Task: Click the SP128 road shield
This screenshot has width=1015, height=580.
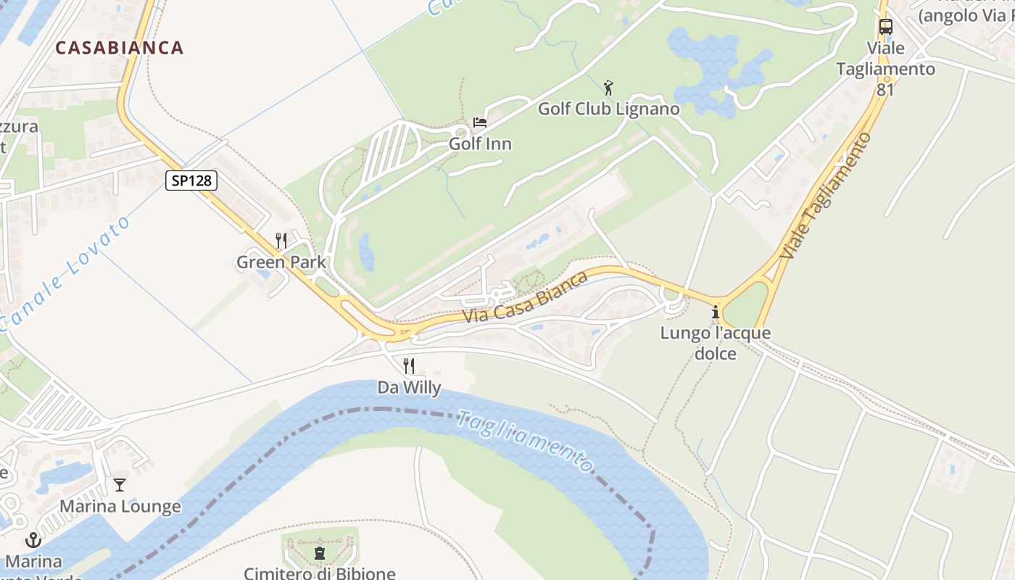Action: point(191,180)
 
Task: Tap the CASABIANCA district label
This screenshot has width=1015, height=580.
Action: point(120,48)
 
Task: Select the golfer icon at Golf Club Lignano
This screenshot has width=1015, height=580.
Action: point(608,88)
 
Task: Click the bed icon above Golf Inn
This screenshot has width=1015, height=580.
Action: point(479,122)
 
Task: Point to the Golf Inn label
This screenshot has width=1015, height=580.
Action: point(480,144)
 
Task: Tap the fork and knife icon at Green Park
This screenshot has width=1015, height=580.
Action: point(281,241)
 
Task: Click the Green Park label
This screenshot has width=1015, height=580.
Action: point(281,262)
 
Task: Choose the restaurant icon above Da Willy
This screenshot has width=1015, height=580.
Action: point(409,366)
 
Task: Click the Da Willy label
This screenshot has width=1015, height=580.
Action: point(409,388)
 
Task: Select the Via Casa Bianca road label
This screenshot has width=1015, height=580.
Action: point(526,298)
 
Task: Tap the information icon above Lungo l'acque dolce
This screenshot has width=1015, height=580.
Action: point(716,312)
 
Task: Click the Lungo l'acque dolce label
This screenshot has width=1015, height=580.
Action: point(716,344)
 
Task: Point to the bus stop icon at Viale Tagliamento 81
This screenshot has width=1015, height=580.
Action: point(885,27)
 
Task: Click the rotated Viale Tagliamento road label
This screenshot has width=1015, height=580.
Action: point(826,196)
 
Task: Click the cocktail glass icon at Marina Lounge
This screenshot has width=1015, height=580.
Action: point(120,484)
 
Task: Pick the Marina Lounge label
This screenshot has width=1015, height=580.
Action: point(120,506)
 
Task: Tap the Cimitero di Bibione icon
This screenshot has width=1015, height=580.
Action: point(319,553)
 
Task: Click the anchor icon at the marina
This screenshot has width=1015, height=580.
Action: point(33,540)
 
